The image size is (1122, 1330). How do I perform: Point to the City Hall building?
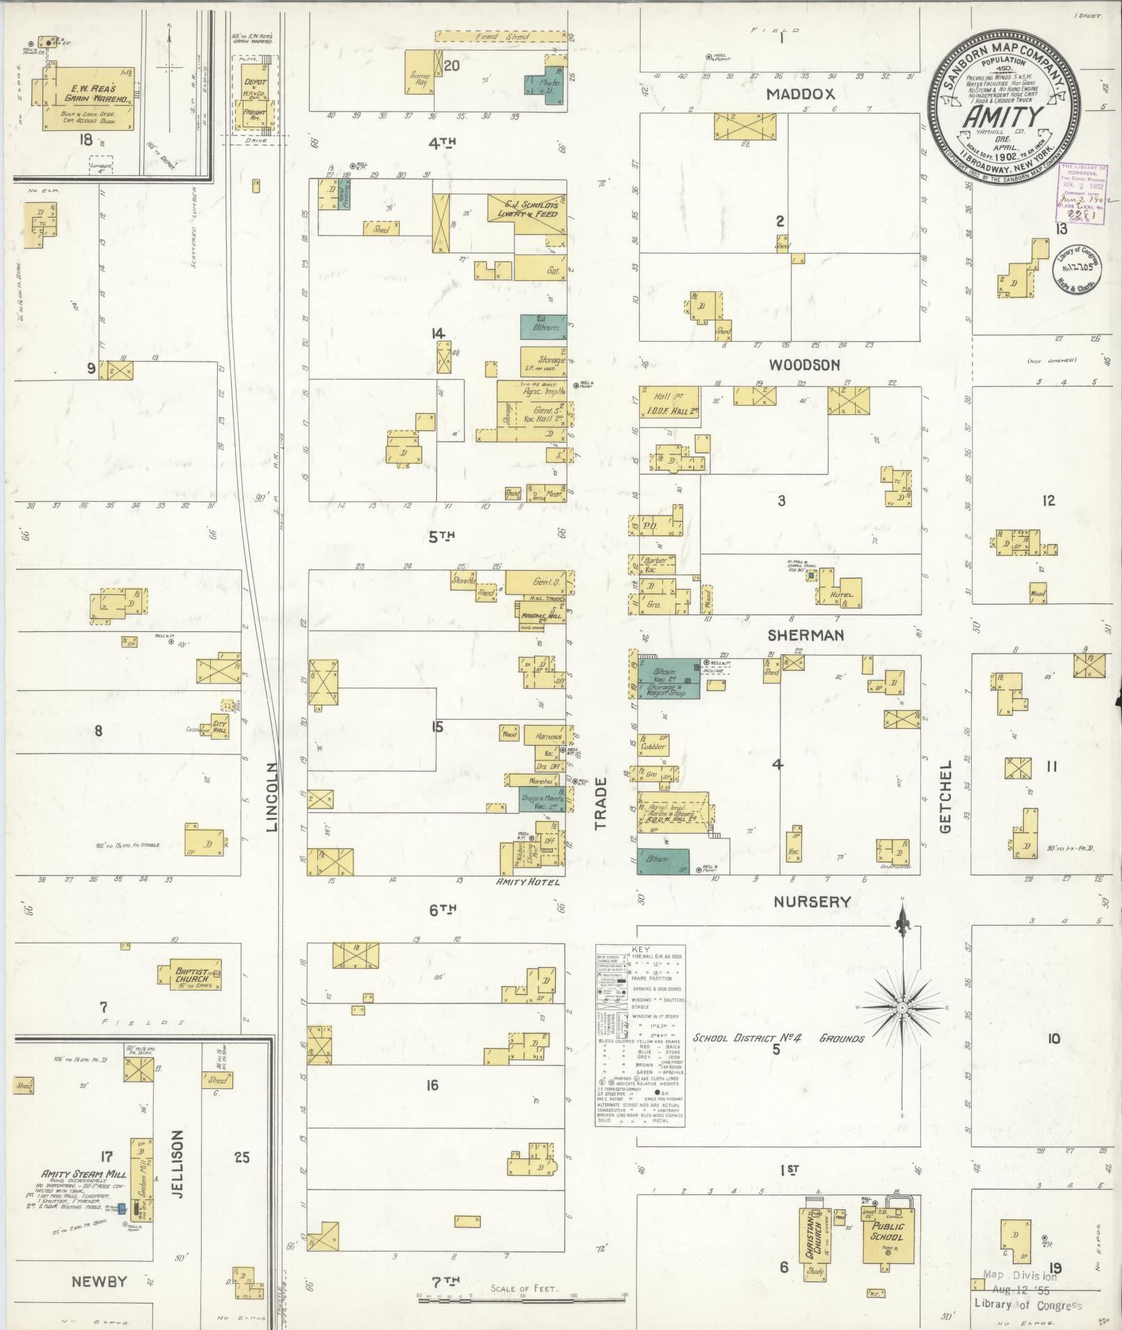220,724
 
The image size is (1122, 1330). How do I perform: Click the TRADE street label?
601,803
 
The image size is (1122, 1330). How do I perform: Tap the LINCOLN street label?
272,797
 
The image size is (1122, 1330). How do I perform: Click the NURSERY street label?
812,902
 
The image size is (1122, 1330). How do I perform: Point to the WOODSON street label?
805,365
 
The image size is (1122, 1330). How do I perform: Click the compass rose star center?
902,1007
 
